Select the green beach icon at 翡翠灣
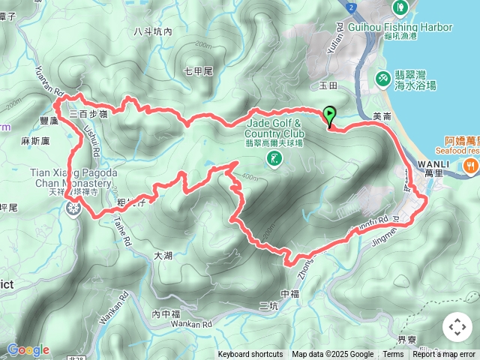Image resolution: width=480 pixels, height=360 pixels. point(382,77)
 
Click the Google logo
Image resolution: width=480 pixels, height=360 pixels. point(28,349)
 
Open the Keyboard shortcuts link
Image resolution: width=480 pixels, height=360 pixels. point(250,355)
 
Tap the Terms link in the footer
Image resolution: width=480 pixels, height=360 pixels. point(393,355)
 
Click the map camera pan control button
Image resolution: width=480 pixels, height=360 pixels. point(457,327)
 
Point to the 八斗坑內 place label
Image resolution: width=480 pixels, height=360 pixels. point(152,31)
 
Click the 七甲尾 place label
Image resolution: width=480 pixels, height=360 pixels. point(199,71)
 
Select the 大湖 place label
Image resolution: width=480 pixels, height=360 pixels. point(163,256)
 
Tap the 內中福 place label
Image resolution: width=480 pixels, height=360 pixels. point(166,313)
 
